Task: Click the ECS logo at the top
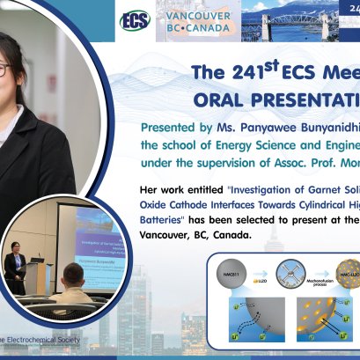pyautogui.click(x=135, y=20)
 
